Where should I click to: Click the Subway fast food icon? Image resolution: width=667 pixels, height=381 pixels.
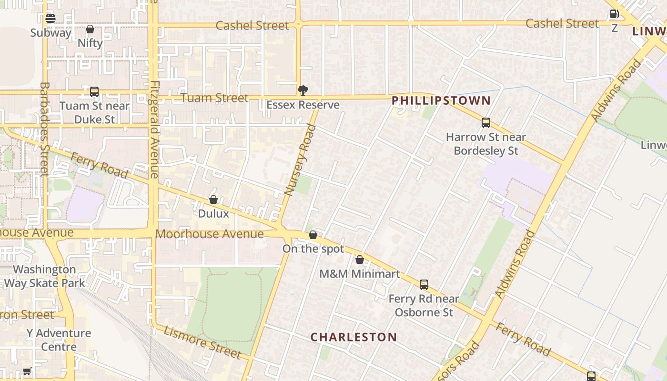coord(51,19)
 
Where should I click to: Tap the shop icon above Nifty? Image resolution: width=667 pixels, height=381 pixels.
coord(90,30)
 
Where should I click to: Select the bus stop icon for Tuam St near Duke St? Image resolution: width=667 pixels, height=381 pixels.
coord(94,92)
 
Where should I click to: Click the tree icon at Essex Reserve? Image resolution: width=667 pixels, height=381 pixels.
coord(303,90)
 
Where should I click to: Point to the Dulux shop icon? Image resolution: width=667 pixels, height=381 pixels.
coord(213,200)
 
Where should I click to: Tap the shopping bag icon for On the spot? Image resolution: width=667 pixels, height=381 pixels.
coord(313,235)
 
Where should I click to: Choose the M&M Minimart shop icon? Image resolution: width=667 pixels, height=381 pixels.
coord(360,260)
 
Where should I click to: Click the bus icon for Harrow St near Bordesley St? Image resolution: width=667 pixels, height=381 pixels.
coord(486,123)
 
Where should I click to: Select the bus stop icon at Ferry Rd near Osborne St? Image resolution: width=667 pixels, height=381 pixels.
coord(424,285)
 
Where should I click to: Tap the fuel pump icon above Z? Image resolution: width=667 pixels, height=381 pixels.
coord(614,14)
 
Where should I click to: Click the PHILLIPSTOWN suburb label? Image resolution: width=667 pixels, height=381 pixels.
coord(441,100)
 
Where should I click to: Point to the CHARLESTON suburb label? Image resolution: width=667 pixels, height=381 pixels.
coord(354,337)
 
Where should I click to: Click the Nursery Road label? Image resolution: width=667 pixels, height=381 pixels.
coord(300,160)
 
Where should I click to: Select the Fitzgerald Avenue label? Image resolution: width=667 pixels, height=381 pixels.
coord(154,130)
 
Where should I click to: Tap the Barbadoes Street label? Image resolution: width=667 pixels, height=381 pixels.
coord(44,129)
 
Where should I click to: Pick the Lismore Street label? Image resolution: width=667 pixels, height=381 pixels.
coord(202,342)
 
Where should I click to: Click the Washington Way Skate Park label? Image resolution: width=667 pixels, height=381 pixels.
coord(45,276)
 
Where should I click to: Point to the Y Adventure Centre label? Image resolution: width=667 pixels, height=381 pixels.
coord(59,340)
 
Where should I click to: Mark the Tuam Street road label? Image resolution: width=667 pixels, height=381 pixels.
coord(215,98)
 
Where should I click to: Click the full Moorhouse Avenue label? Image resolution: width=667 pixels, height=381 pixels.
coord(210,234)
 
